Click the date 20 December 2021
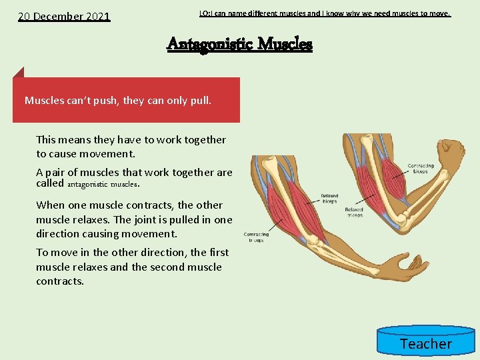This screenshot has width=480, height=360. [x=64, y=16]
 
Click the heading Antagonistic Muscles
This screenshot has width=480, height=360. [x=239, y=44]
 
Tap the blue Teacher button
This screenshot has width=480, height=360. [x=425, y=343]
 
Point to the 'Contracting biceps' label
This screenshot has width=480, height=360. [x=420, y=169]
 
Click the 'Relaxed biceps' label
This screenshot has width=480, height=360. [x=329, y=198]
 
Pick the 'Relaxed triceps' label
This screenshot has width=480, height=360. [x=354, y=212]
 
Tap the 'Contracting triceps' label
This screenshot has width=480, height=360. [x=256, y=237]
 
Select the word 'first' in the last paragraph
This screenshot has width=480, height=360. [x=218, y=252]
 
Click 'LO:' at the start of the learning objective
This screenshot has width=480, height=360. [x=205, y=13]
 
